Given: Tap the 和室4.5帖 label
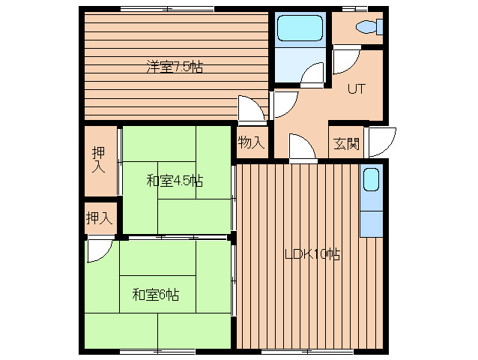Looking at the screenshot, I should click(175, 180).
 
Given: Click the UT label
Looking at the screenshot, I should click(356, 89).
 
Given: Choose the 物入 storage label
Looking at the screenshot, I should click(251, 142).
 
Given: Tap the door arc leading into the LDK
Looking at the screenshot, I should click(301, 148).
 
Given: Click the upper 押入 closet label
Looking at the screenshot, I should click(98, 160).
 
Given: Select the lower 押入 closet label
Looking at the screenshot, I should click(99, 219).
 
